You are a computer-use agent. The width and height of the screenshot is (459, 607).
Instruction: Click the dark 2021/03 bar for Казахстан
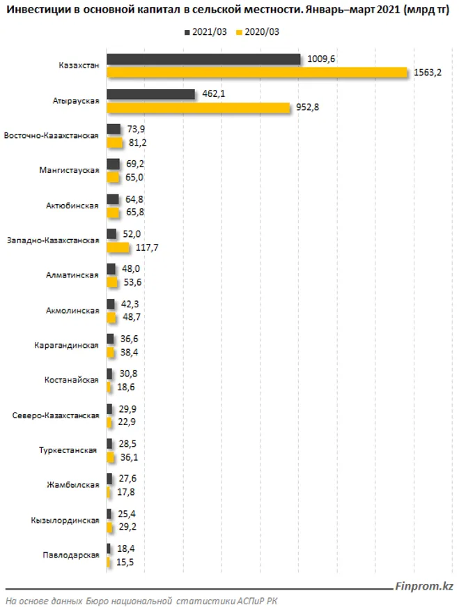(203, 59)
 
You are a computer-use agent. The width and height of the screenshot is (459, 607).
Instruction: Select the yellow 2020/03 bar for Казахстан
(256, 72)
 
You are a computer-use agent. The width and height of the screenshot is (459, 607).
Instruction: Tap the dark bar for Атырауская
(150, 94)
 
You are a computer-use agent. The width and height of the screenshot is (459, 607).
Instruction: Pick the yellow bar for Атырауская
(198, 107)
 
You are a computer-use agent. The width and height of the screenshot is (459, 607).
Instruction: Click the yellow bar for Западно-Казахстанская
(118, 247)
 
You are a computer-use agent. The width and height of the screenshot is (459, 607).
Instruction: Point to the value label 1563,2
(428, 72)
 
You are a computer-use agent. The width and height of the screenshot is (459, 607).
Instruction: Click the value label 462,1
(214, 94)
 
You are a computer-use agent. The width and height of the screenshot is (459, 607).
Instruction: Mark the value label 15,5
(127, 561)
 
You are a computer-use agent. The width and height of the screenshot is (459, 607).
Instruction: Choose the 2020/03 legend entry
(262, 33)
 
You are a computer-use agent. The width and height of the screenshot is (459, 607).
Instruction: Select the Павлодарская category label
(70, 555)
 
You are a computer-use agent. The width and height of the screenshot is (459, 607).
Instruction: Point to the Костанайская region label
(71, 381)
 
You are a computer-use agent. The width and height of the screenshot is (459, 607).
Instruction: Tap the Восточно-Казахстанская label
(51, 135)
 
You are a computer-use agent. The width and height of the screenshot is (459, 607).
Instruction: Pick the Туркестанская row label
(68, 450)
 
